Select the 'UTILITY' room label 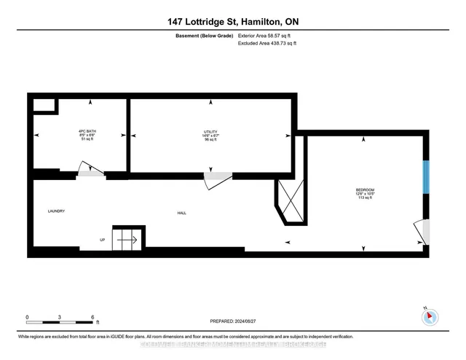[210, 131]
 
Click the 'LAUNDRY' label [56, 211]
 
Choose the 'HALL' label [181, 213]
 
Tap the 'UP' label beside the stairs [103, 240]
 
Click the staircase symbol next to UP [128, 238]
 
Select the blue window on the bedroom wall [427, 178]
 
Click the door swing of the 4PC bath [90, 170]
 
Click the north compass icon [430, 317]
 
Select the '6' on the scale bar [92, 317]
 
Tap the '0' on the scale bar [28, 317]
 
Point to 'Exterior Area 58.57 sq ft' [267, 35]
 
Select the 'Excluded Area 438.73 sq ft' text [267, 44]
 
